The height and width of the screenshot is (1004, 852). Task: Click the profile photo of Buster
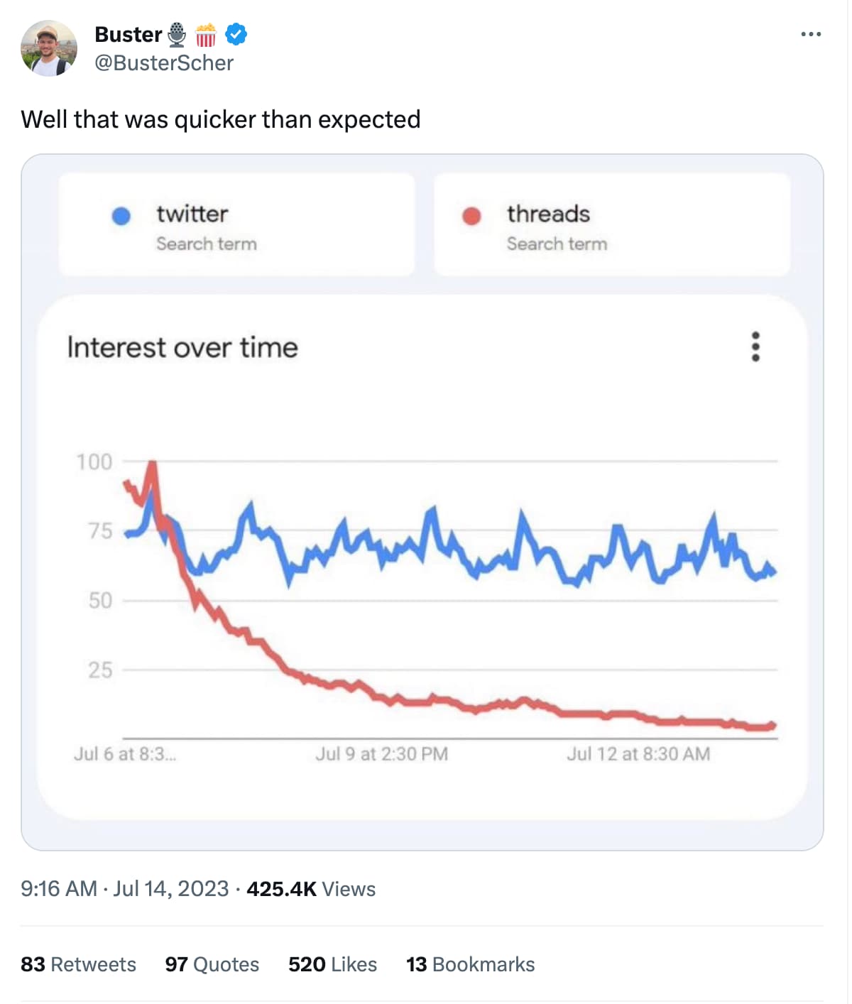click(48, 48)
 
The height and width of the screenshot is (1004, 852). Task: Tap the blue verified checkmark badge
click(236, 34)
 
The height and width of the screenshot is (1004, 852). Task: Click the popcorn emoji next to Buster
click(206, 34)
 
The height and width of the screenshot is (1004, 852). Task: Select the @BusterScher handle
click(164, 63)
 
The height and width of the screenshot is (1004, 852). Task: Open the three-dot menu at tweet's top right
click(810, 34)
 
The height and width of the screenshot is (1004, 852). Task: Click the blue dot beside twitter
click(121, 216)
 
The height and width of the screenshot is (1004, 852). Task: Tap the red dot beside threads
click(471, 216)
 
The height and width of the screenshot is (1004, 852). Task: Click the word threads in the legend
click(548, 214)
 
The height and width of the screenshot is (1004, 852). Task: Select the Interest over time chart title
click(182, 347)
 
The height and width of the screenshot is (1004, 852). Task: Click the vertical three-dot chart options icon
click(755, 347)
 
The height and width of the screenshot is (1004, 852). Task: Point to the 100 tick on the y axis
click(94, 462)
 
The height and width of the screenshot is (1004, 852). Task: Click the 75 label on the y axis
click(100, 531)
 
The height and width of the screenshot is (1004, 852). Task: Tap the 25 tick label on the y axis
click(100, 670)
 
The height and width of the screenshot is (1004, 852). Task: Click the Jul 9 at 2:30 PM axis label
click(381, 753)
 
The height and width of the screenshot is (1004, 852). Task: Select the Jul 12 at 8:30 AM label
click(638, 753)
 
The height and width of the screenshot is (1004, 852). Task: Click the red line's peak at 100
click(152, 464)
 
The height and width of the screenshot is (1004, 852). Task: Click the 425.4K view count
click(281, 889)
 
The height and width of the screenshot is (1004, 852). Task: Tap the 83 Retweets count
click(78, 964)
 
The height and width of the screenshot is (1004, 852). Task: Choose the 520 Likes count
click(332, 964)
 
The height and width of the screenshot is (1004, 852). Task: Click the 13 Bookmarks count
click(470, 964)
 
